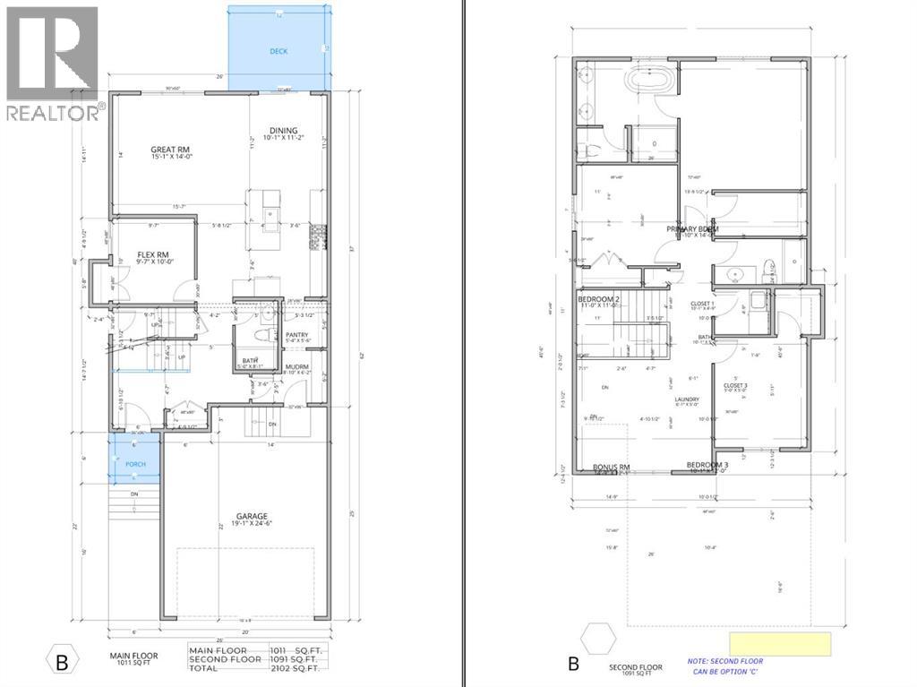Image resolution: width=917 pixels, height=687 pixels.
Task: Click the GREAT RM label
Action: coord(170,150)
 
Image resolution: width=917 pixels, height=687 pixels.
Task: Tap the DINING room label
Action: coord(284,131)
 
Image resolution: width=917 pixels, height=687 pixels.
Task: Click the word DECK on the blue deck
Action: coord(279,52)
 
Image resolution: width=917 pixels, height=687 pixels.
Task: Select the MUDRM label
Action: coord(297,367)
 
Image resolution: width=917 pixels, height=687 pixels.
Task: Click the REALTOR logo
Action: coord(52,63)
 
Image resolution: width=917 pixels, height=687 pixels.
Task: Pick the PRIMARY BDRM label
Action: coord(692,229)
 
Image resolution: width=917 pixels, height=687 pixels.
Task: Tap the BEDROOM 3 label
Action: coord(708,465)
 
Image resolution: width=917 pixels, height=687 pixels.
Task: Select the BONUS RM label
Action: coord(613,468)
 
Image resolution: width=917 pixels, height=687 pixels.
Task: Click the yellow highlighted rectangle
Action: coord(780,643)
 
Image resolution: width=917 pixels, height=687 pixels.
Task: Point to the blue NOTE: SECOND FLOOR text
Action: coord(725,661)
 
